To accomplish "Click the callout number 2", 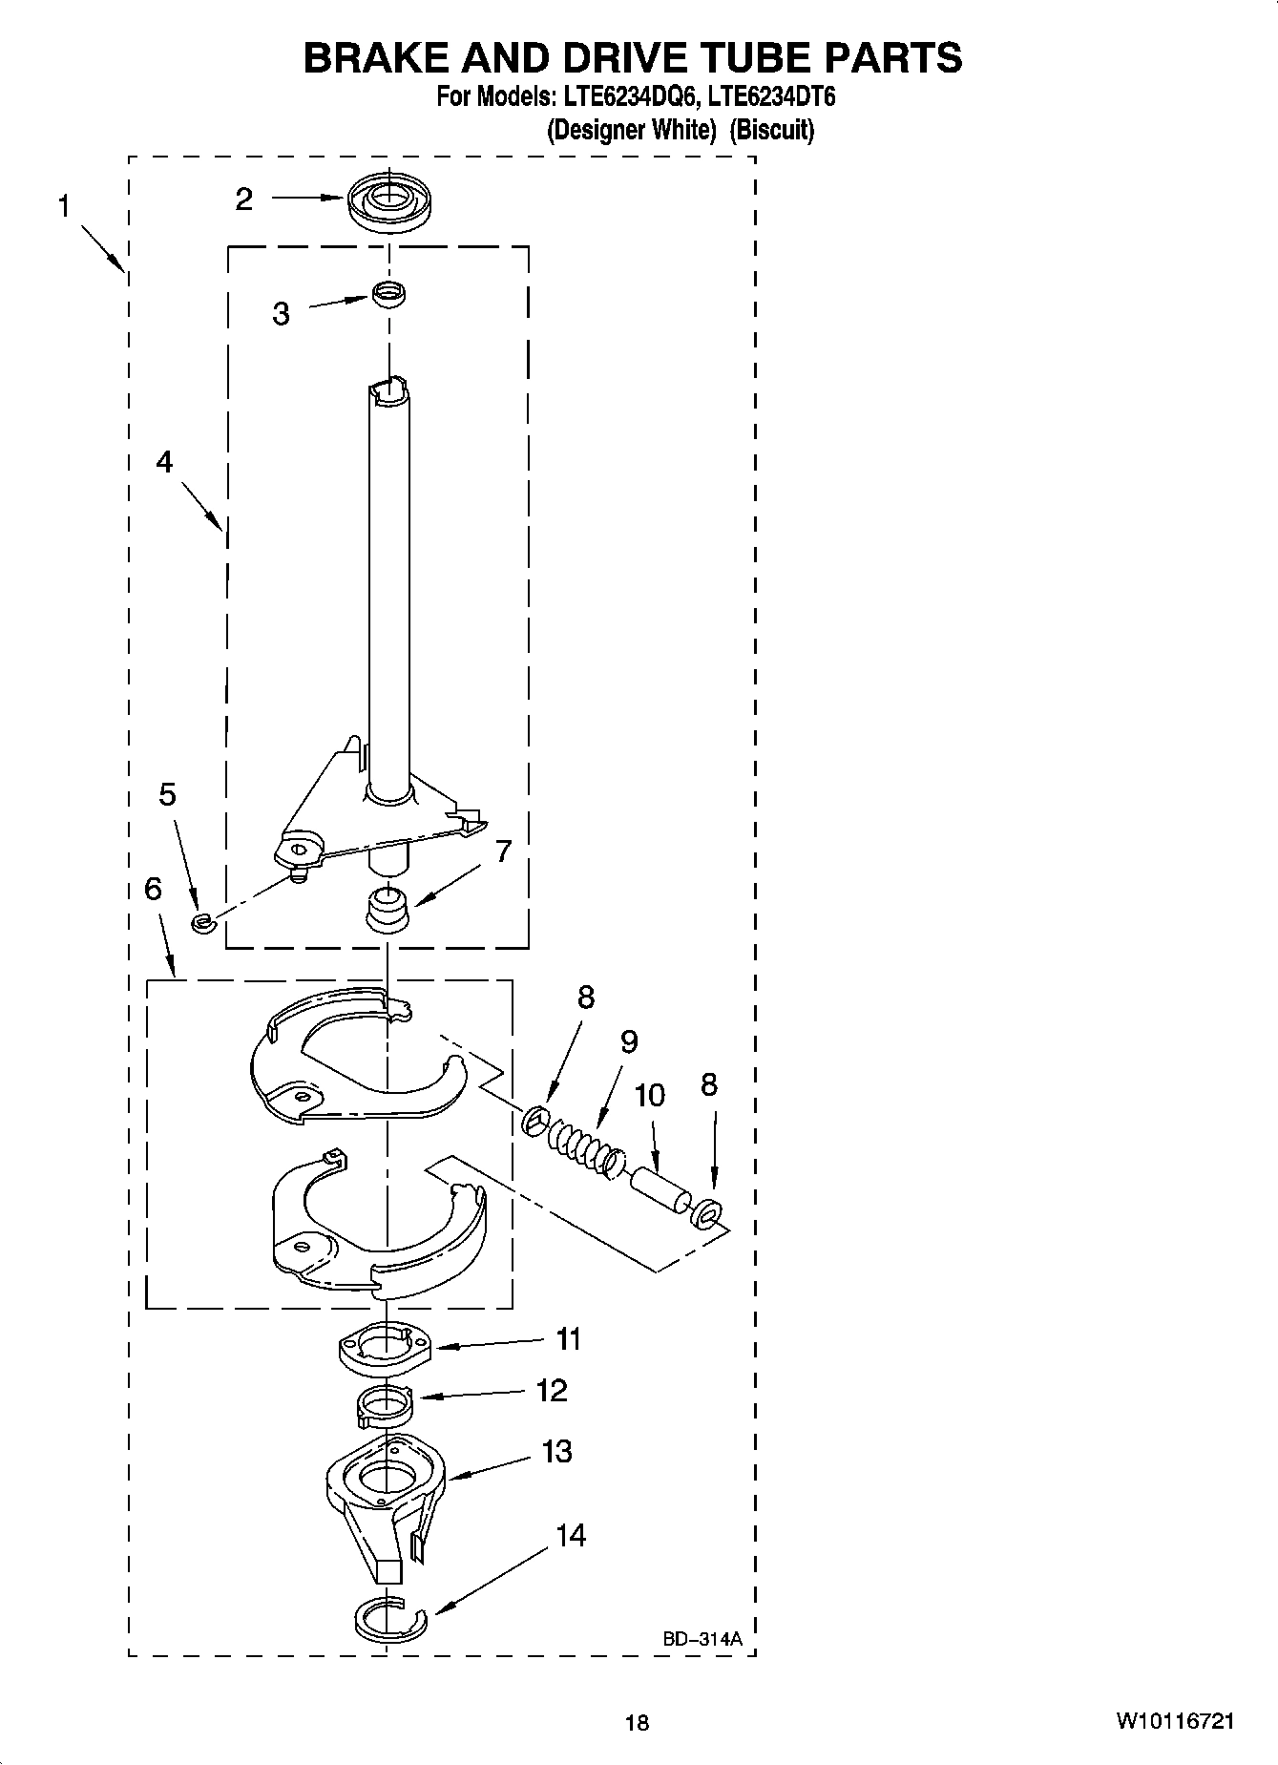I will [x=244, y=199].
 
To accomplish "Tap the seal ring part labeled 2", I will [x=388, y=201].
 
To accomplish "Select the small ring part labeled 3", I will [x=388, y=294].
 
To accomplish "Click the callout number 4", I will [x=164, y=462].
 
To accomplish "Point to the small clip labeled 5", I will [x=201, y=921].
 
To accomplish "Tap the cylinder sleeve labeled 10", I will [x=659, y=1191].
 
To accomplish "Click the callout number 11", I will [x=569, y=1339].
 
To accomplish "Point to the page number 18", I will [x=637, y=1722].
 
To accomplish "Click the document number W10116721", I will [x=1174, y=1721].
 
